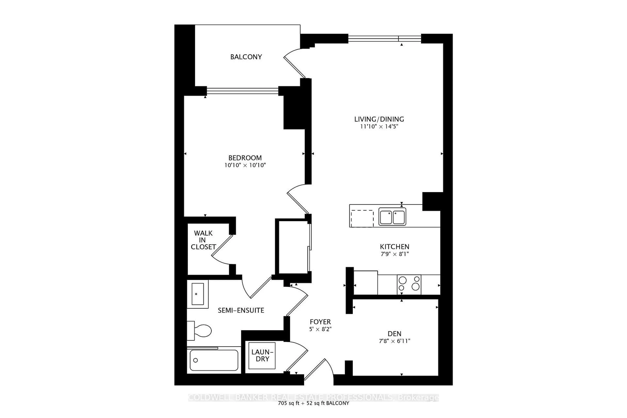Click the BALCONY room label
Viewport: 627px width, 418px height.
tap(246, 57)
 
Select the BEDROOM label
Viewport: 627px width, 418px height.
tap(245, 158)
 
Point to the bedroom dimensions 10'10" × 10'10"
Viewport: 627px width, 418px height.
tap(245, 165)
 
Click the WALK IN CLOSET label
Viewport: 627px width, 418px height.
tap(203, 240)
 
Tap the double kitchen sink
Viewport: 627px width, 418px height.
tap(392, 217)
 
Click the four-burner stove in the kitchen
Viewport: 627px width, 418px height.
tap(409, 284)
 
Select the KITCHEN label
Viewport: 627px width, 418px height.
tap(394, 247)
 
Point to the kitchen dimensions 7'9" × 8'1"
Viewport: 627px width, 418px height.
tap(394, 254)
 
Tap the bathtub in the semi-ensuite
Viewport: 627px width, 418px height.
tap(214, 360)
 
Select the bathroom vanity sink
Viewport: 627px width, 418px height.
tap(198, 294)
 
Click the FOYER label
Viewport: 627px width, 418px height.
tap(320, 322)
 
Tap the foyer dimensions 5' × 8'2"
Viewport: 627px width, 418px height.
tap(320, 329)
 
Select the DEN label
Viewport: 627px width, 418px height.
tap(394, 333)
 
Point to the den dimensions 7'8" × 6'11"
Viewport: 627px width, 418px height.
tap(394, 341)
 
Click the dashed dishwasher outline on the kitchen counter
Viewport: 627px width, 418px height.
tap(362, 219)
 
